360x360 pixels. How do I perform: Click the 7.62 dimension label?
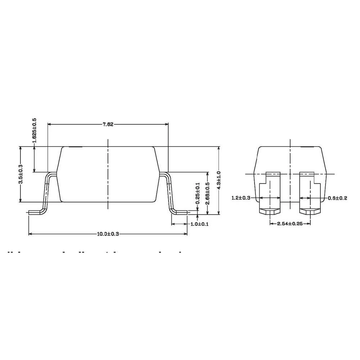[108, 125]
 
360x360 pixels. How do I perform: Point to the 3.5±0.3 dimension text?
[21, 174]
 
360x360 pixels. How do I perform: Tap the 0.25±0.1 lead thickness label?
[197, 193]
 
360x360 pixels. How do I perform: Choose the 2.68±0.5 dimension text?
[207, 193]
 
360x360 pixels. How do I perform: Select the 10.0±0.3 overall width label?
[108, 234]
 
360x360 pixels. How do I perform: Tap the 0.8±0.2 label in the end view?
[337, 198]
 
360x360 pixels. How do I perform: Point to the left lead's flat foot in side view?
[35, 212]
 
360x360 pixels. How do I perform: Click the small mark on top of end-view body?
[307, 147]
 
